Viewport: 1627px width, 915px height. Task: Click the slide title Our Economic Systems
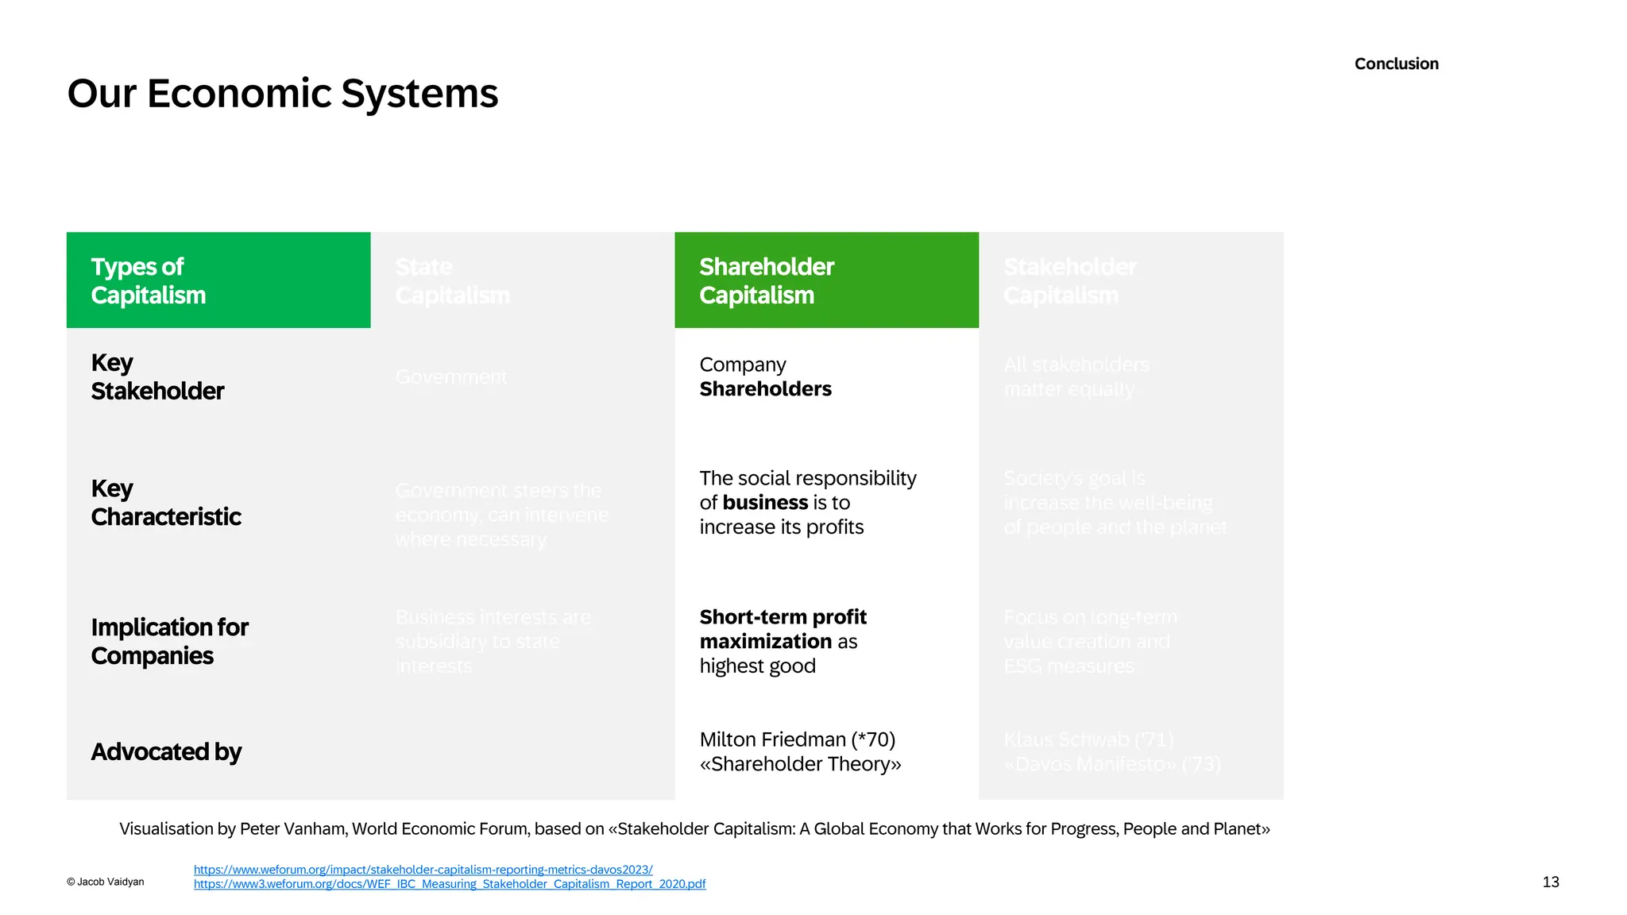[x=282, y=94]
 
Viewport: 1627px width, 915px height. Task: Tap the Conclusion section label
[x=1396, y=64]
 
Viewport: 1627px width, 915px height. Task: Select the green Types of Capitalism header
[x=218, y=280]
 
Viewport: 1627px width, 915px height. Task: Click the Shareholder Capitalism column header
[x=826, y=280]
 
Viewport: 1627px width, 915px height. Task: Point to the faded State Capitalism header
[x=452, y=281]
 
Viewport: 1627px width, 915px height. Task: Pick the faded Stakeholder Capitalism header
[x=1069, y=281]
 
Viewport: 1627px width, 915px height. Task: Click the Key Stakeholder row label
[x=157, y=377]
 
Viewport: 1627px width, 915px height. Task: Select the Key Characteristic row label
[x=166, y=503]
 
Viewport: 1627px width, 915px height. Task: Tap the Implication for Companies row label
[x=169, y=642]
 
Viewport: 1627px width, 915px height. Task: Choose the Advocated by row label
[x=166, y=751]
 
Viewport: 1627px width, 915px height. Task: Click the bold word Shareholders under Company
[x=765, y=389]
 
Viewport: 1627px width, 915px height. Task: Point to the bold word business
[x=765, y=503]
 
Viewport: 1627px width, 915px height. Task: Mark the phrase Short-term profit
[x=783, y=617]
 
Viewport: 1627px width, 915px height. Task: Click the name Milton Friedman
[x=772, y=739]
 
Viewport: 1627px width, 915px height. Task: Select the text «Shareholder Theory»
[x=800, y=764]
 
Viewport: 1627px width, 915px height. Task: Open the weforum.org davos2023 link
[x=423, y=870]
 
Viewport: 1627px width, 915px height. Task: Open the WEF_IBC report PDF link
[x=449, y=884]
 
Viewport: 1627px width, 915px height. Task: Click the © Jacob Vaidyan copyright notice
[x=106, y=882]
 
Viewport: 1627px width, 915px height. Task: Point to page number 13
[x=1550, y=882]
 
